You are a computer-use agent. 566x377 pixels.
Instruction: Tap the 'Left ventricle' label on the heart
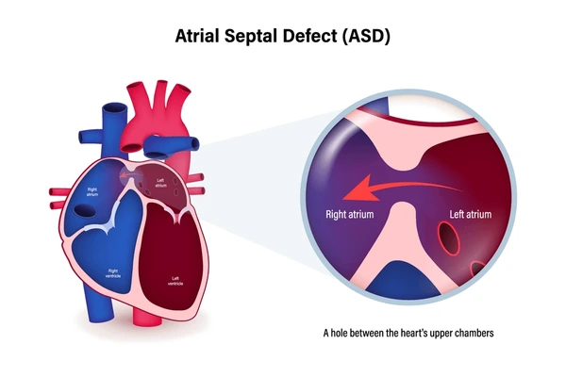tap(175, 280)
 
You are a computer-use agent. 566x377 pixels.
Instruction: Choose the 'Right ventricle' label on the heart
tap(113, 272)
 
